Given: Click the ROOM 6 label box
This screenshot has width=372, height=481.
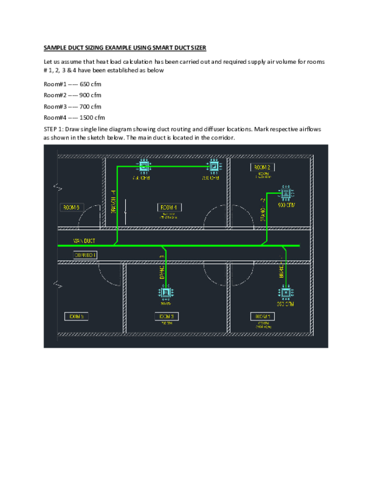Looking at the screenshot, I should click(x=71, y=208).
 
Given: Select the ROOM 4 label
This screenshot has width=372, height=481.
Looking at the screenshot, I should click(x=169, y=208).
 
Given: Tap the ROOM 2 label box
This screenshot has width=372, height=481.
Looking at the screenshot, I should click(x=263, y=167).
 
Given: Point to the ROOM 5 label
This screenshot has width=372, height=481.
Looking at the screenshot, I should click(x=76, y=317).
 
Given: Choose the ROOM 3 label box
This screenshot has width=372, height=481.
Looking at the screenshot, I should click(x=167, y=317).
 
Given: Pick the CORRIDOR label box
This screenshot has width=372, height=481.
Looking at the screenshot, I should click(x=85, y=255).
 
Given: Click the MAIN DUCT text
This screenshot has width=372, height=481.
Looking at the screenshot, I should click(x=84, y=240).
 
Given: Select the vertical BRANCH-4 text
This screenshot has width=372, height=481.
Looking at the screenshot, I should click(x=113, y=201).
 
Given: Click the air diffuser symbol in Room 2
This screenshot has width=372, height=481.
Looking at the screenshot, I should click(x=286, y=193).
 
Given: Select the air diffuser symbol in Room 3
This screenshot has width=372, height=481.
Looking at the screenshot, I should click(x=166, y=293).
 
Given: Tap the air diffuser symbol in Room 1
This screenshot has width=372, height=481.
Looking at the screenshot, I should click(x=286, y=293).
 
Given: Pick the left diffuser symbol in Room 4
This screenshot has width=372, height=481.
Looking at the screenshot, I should click(x=143, y=166).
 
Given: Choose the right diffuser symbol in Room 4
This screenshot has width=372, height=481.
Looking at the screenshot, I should click(x=213, y=166).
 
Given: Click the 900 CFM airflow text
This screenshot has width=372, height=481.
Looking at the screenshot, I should click(x=286, y=205).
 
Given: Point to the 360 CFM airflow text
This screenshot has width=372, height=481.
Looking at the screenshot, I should click(x=285, y=304).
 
